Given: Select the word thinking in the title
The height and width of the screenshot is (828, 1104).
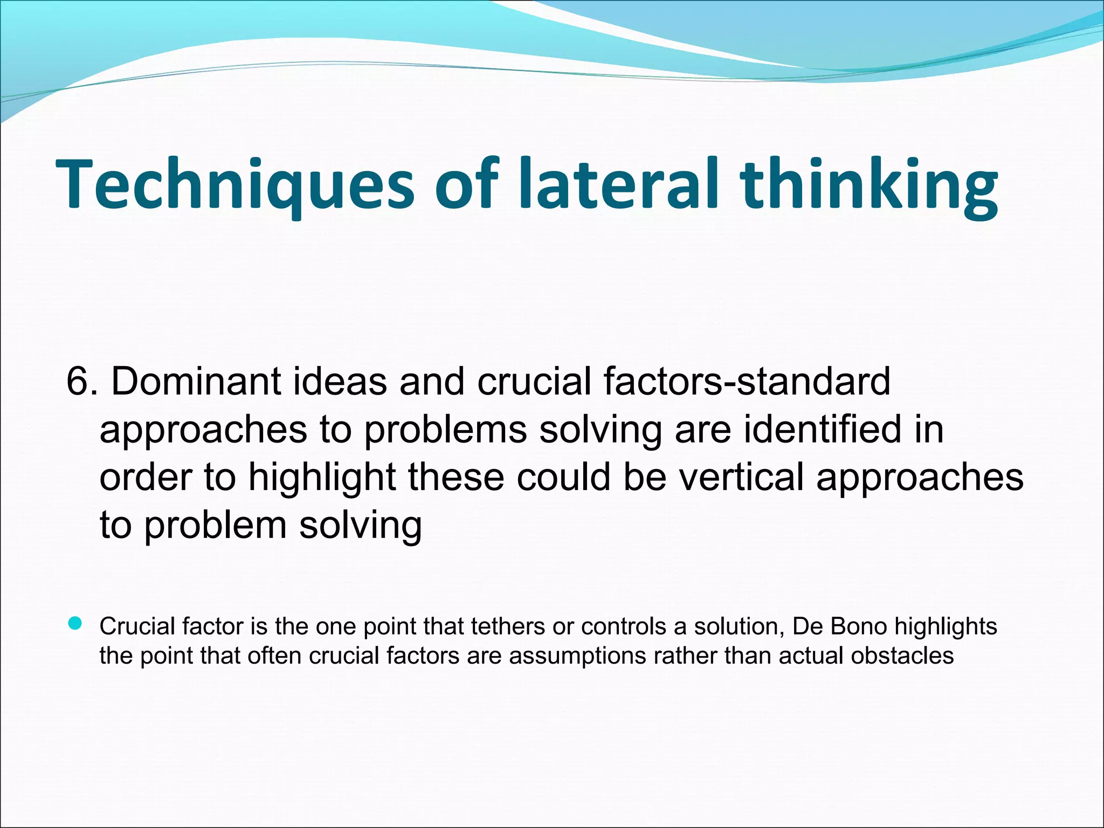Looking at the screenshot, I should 868,184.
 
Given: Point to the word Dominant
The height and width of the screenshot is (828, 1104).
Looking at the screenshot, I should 196,382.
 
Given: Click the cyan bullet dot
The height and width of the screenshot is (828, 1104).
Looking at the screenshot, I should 75,624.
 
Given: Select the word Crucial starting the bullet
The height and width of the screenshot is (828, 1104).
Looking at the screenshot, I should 137,626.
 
